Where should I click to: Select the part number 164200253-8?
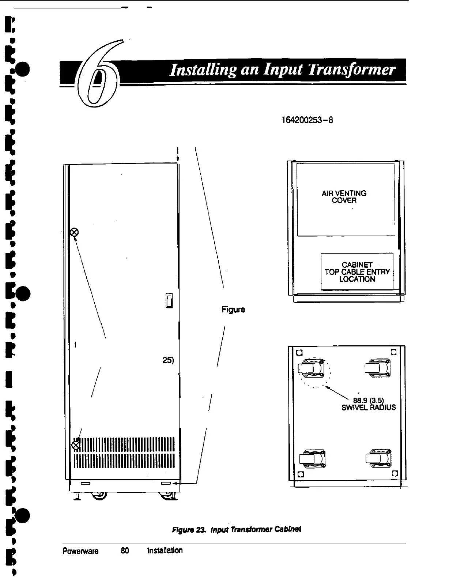[307, 120]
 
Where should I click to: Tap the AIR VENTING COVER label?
[344, 197]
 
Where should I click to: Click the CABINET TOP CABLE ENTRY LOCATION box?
[357, 272]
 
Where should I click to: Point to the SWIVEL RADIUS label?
[368, 407]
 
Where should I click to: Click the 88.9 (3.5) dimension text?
[368, 400]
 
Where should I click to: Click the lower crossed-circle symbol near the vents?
[75, 445]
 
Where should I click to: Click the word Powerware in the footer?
[80, 551]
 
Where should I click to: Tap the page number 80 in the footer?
[125, 551]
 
